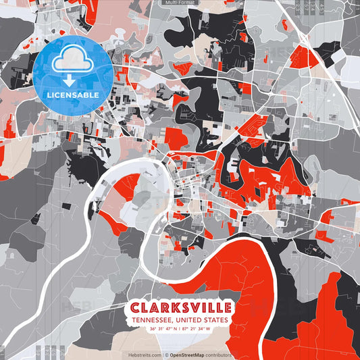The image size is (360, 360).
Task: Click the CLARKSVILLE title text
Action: tap(180, 307)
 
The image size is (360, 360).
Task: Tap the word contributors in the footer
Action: tap(219, 355)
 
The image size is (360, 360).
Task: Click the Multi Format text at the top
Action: tap(179, 3)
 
